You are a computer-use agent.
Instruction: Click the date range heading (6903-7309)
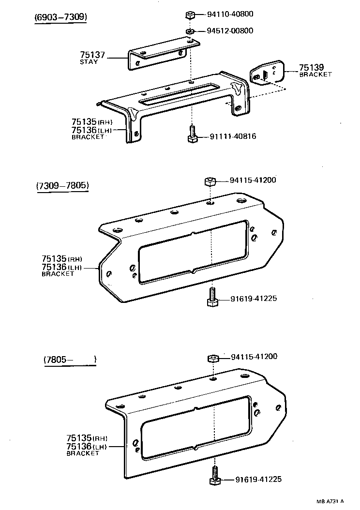(x=61, y=17)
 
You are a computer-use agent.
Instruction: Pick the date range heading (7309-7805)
(x=62, y=186)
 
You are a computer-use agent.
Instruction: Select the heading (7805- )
(x=70, y=360)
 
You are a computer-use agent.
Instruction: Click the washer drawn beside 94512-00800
(x=191, y=32)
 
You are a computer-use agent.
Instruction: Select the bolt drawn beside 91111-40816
(x=192, y=134)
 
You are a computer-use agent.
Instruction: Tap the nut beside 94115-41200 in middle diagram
(x=210, y=182)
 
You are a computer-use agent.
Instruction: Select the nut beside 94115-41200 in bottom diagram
(x=213, y=359)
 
